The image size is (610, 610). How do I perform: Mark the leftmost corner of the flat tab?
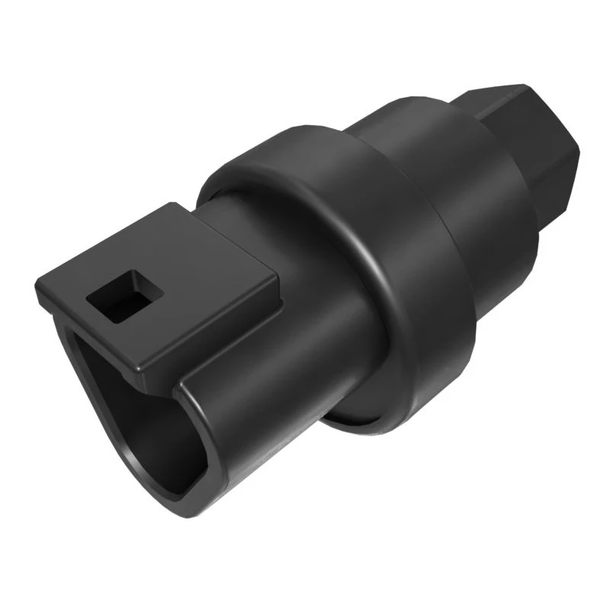point(36,294)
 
